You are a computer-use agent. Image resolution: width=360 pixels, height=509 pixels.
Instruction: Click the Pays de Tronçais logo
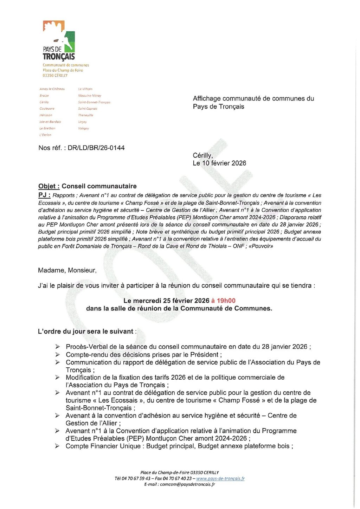pyautogui.click(x=59, y=40)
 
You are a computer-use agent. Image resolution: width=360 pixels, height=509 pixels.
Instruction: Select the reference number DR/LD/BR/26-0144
pyautogui.click(x=96, y=148)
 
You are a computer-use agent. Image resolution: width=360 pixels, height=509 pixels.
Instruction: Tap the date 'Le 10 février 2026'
pyautogui.click(x=219, y=163)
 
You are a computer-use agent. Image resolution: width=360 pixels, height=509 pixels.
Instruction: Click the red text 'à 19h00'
pyautogui.click(x=223, y=301)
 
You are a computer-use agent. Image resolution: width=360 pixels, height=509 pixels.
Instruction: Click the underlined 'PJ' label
pyautogui.click(x=44, y=195)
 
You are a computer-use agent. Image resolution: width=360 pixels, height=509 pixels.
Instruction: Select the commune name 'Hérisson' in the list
pyautogui.click(x=46, y=115)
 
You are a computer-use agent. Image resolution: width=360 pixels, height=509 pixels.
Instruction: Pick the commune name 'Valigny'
pyautogui.click(x=84, y=129)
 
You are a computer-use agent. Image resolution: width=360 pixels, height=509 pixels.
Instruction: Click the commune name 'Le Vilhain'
pyautogui.click(x=85, y=89)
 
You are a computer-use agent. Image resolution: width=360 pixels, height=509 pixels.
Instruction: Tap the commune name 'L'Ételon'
pyautogui.click(x=45, y=135)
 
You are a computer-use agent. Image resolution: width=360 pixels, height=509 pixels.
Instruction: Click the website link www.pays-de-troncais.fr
pyautogui.click(x=220, y=479)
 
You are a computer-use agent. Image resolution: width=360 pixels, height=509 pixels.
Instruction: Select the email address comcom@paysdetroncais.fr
pyautogui.click(x=187, y=484)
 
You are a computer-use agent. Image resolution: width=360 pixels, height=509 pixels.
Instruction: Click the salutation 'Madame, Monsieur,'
pyautogui.click(x=67, y=270)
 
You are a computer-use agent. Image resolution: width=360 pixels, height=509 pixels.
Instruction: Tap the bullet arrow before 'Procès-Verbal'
pyautogui.click(x=57, y=347)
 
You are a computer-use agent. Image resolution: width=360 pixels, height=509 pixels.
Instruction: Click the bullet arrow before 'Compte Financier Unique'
pyautogui.click(x=57, y=446)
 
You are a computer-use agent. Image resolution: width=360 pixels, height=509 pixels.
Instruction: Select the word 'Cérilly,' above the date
pyautogui.click(x=203, y=155)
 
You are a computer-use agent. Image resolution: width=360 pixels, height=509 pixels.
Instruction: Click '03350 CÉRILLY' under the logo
pyautogui.click(x=55, y=76)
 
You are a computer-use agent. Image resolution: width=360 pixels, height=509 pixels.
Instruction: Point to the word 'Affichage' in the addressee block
pyautogui.click(x=207, y=99)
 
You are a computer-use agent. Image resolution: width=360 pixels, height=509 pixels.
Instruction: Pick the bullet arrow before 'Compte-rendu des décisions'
pyautogui.click(x=57, y=355)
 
